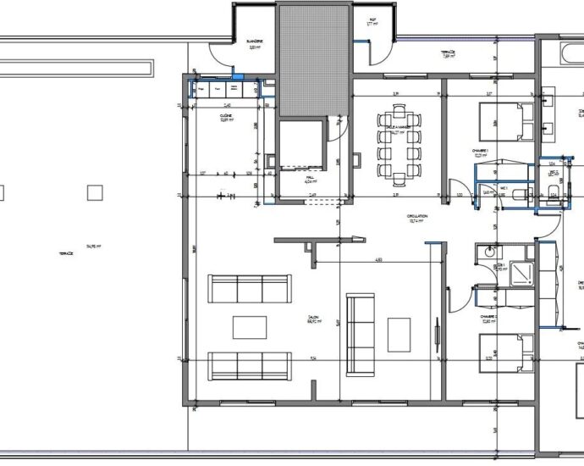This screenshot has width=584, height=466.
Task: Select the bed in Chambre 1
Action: [506, 121]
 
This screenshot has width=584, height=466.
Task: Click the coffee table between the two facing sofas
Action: [250, 327]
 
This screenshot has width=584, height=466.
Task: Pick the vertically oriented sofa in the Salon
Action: [361, 334]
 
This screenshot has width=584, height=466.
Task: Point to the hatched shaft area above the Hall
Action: [315, 59]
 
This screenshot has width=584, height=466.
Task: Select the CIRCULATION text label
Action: [417, 216]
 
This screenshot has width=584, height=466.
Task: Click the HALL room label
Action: [310, 177]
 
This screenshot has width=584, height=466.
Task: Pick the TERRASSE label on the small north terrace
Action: [448, 52]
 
